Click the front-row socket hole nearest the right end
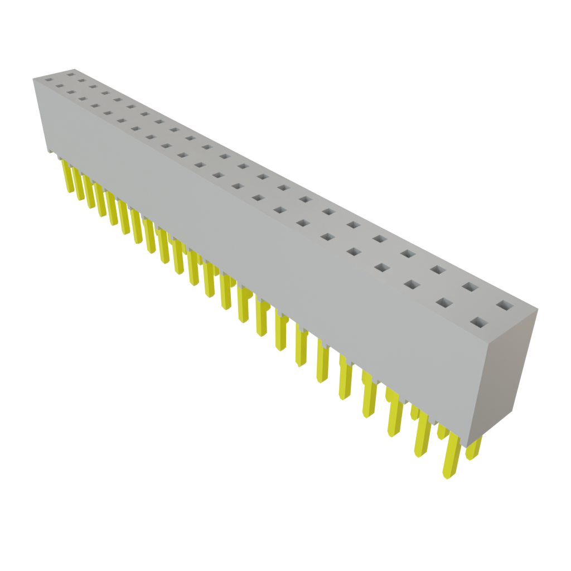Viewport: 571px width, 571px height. [x=478, y=322]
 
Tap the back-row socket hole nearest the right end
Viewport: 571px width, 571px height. [x=504, y=305]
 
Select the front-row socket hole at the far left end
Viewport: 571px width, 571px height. [x=47, y=80]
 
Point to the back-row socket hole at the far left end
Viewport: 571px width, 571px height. [x=70, y=72]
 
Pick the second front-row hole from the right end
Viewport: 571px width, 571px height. [x=443, y=303]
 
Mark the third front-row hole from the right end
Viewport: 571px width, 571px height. [x=411, y=284]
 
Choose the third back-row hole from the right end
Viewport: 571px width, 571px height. [x=438, y=270]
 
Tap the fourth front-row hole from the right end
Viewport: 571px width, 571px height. [x=381, y=267]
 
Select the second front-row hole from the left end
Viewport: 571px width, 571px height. [x=59, y=86]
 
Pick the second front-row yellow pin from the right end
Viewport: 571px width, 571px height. [x=423, y=437]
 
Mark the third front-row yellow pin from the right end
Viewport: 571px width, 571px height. [x=395, y=415]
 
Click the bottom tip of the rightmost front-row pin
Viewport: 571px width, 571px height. [x=447, y=476]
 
